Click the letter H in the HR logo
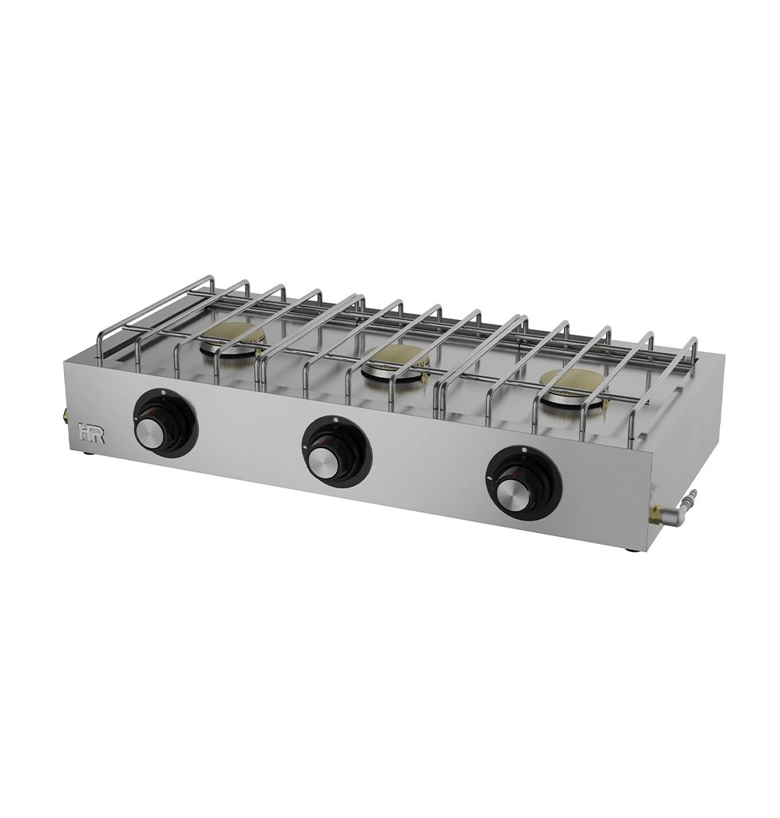[x=84, y=433]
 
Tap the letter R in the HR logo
[x=97, y=434]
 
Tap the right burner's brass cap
[x=572, y=379]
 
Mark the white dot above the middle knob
[x=335, y=418]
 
